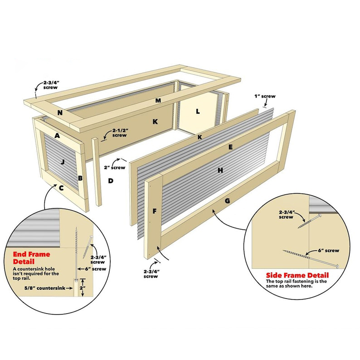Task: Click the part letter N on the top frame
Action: [60, 113]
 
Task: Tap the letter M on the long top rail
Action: [158, 100]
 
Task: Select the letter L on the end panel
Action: [198, 112]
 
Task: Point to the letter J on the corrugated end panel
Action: [63, 162]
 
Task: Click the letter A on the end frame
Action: [57, 136]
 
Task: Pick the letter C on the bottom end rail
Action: [61, 188]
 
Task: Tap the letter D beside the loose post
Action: [111, 181]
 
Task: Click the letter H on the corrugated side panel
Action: [220, 170]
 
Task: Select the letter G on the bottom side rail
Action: [227, 201]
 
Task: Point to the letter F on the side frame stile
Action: [155, 211]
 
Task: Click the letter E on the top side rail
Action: [230, 147]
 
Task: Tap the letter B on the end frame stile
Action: [80, 178]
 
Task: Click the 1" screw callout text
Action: [265, 96]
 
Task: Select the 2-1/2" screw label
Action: [120, 133]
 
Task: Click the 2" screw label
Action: [115, 168]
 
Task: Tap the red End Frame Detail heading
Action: [31, 258]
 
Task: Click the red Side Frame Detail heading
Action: [297, 275]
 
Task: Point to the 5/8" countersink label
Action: [45, 288]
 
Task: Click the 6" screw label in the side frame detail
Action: [329, 250]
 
